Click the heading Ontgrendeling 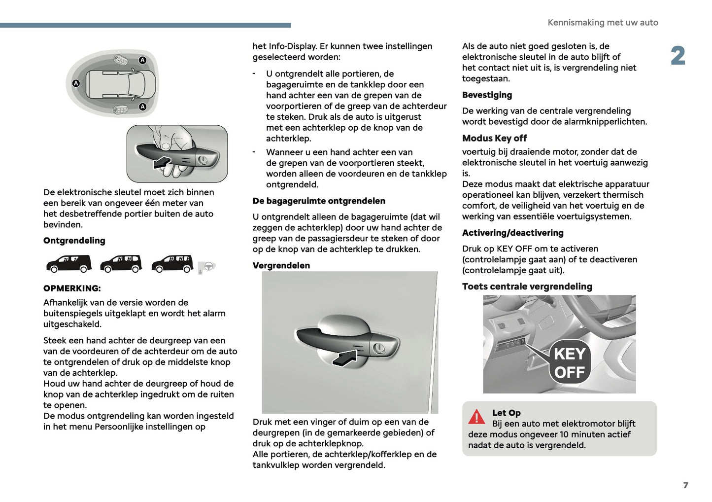74,241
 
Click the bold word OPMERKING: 71,288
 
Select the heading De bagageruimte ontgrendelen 319,201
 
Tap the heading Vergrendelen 281,265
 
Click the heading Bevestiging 487,95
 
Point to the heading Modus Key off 494,138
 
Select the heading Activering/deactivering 512,233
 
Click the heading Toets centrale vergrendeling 527,287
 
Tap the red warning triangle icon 476,417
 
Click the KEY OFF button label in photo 570,363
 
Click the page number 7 685,485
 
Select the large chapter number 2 678,56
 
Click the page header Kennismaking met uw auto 603,23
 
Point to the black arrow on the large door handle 345,358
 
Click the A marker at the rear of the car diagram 76,83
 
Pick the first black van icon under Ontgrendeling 69,263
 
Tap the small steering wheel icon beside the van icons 209,266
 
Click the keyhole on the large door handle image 378,348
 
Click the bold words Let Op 506,413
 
